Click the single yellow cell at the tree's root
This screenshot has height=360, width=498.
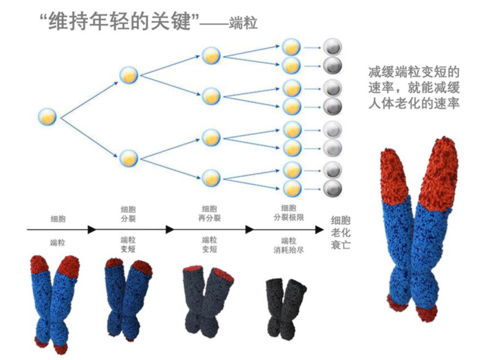(47, 116)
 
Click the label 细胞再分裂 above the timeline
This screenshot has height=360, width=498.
(210, 213)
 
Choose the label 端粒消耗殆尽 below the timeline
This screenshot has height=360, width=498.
(289, 245)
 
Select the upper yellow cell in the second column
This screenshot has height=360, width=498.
(129, 75)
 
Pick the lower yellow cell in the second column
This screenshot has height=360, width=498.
(129, 158)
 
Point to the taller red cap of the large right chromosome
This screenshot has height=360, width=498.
(439, 171)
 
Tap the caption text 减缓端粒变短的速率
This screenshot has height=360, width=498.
(414, 73)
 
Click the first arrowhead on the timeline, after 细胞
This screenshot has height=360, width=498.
(92, 229)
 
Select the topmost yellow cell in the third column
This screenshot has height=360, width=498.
(211, 55)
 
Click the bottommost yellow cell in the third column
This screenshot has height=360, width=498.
(211, 178)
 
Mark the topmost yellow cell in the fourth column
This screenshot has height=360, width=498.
(291, 47)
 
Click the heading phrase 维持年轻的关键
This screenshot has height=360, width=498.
(119, 21)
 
